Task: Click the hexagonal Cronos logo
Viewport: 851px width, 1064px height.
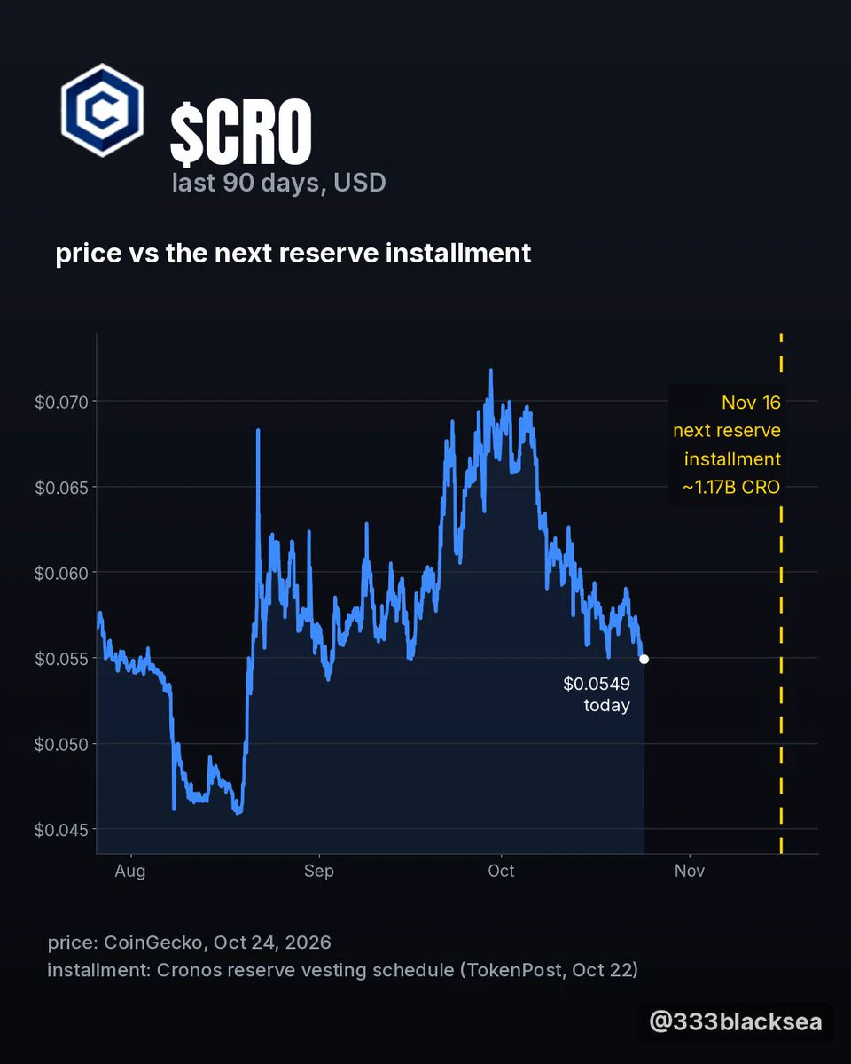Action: pos(102,110)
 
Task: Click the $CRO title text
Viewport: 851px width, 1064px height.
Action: pos(241,131)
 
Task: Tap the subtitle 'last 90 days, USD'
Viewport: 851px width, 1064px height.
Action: pos(279,183)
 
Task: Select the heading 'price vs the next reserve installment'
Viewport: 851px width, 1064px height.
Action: pos(293,254)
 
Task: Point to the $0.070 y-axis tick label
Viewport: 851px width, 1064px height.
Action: pos(61,402)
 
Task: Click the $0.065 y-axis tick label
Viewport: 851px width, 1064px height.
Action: pos(61,488)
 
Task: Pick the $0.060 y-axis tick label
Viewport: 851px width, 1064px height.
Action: pos(61,573)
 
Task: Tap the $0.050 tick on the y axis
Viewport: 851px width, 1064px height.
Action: pos(61,744)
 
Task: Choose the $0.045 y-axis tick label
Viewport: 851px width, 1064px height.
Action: pos(61,830)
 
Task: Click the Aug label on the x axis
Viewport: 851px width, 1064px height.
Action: pos(130,871)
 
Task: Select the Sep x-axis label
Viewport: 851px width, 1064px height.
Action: pos(319,871)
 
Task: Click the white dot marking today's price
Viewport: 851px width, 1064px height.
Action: pos(644,659)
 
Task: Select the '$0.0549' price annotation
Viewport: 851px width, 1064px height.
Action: pos(597,684)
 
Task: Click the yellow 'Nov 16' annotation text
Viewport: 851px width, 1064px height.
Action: pos(751,403)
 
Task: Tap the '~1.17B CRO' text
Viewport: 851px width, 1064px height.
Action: pos(730,487)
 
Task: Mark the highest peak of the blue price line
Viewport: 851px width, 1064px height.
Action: pos(490,371)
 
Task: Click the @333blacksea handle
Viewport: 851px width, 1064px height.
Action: pos(736,1021)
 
